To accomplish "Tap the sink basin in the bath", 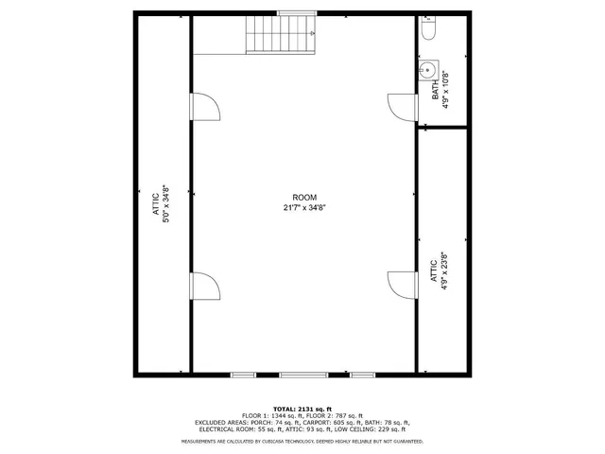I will click(427, 69).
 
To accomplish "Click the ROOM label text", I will click(304, 197).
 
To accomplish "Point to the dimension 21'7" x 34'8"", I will click(304, 207).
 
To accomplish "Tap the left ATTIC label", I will click(157, 203).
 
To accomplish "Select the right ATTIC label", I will click(434, 271).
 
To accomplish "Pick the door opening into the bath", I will click(403, 107).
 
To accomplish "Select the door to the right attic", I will click(403, 285).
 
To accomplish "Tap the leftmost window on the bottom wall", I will click(244, 375).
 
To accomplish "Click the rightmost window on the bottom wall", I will click(362, 375).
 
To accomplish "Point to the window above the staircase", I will click(290, 12).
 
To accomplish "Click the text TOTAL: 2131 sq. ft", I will click(302, 408).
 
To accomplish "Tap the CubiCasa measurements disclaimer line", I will click(302, 442).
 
